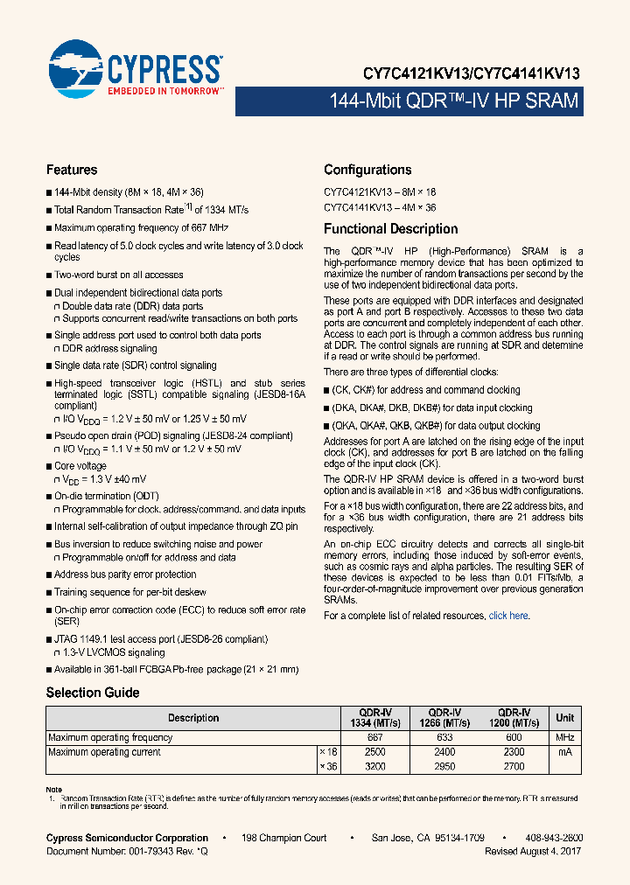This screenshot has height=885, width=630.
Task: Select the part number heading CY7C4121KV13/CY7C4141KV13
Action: coord(472,74)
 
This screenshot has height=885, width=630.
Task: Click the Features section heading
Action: coord(72,170)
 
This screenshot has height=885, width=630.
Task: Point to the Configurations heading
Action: coord(367,170)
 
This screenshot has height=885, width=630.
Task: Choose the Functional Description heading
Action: coord(390,229)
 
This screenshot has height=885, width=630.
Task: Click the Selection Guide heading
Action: coord(93,693)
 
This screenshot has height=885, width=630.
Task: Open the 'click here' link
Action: coord(508,616)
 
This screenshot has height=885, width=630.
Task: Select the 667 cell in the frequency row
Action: coord(374,738)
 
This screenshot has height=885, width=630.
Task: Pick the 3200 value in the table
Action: coord(374,766)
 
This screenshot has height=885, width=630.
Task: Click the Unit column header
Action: coord(565,718)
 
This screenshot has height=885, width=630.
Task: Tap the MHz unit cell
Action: coord(565,738)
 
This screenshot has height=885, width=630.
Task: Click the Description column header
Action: coord(193,718)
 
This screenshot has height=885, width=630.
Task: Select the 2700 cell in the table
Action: coord(514,766)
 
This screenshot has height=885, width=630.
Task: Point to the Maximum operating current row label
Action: coord(104,752)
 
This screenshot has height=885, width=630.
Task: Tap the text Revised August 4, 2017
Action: coord(532,851)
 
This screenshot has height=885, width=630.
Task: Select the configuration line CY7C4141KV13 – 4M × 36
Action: coord(380,208)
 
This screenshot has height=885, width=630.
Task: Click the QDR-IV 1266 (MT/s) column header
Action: coord(444,718)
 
